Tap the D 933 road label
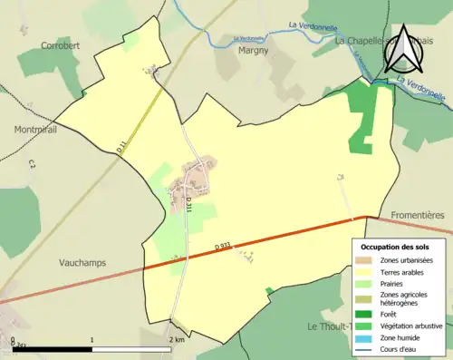tap(225, 246)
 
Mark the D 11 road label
tap(120, 143)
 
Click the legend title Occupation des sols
tap(397, 247)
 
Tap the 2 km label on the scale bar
tap(177, 339)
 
